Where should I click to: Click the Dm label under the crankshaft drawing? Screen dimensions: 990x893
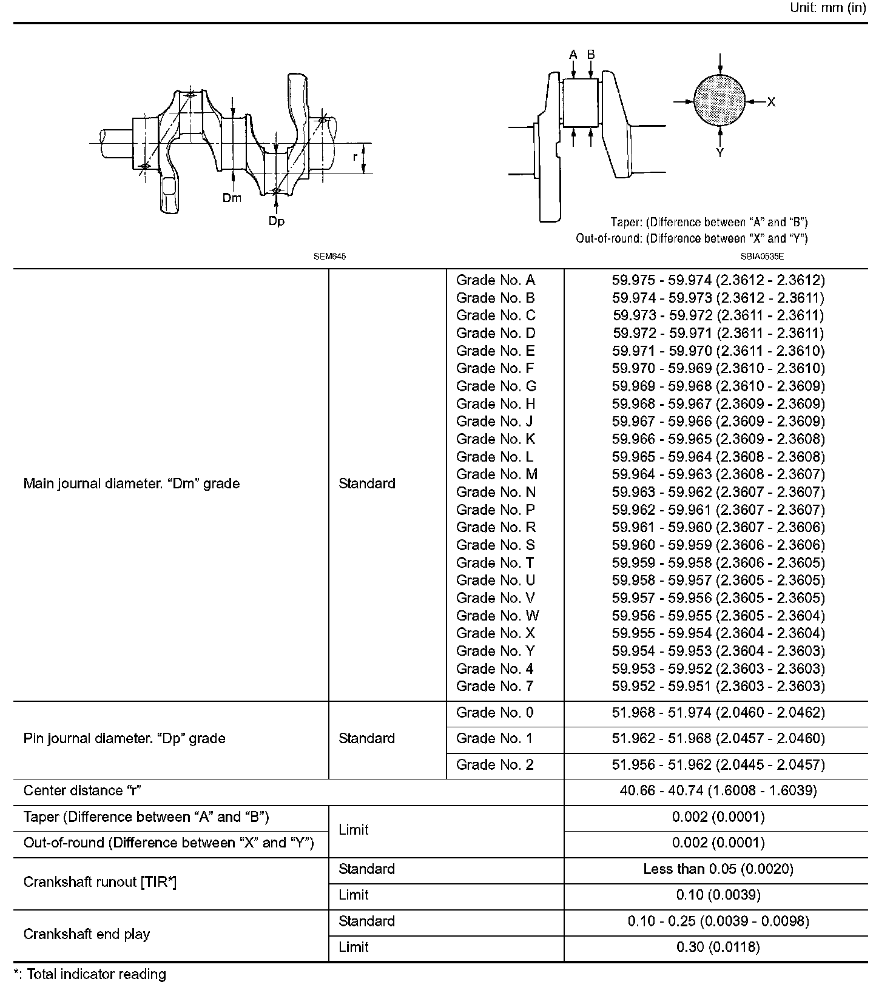tap(232, 198)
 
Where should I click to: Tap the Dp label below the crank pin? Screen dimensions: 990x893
tap(277, 221)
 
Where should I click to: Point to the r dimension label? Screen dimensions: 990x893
tap(355, 157)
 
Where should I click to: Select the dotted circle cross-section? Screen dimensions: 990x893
tap(719, 101)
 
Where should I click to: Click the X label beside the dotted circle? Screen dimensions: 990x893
tap(771, 102)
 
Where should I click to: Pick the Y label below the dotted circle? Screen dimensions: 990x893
tap(719, 152)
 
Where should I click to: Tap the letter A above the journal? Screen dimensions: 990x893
tap(573, 55)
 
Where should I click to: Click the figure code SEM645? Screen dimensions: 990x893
tap(329, 257)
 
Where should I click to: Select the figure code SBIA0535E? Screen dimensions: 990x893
tap(762, 257)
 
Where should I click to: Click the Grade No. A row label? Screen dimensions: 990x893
tap(496, 280)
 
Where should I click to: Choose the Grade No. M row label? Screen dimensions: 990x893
tap(497, 474)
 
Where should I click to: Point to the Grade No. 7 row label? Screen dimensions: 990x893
tap(495, 686)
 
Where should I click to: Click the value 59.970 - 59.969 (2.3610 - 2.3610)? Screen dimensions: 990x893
tap(718, 368)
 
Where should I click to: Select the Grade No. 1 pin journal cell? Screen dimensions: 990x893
tap(495, 738)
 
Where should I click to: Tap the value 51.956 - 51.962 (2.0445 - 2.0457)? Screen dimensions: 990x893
tap(718, 765)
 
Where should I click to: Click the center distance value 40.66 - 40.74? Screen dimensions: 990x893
tap(718, 791)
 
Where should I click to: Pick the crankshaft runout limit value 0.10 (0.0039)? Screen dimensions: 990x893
tap(718, 895)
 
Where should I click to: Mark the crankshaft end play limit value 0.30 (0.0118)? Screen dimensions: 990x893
tap(718, 947)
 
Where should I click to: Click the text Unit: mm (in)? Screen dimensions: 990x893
tap(828, 8)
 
